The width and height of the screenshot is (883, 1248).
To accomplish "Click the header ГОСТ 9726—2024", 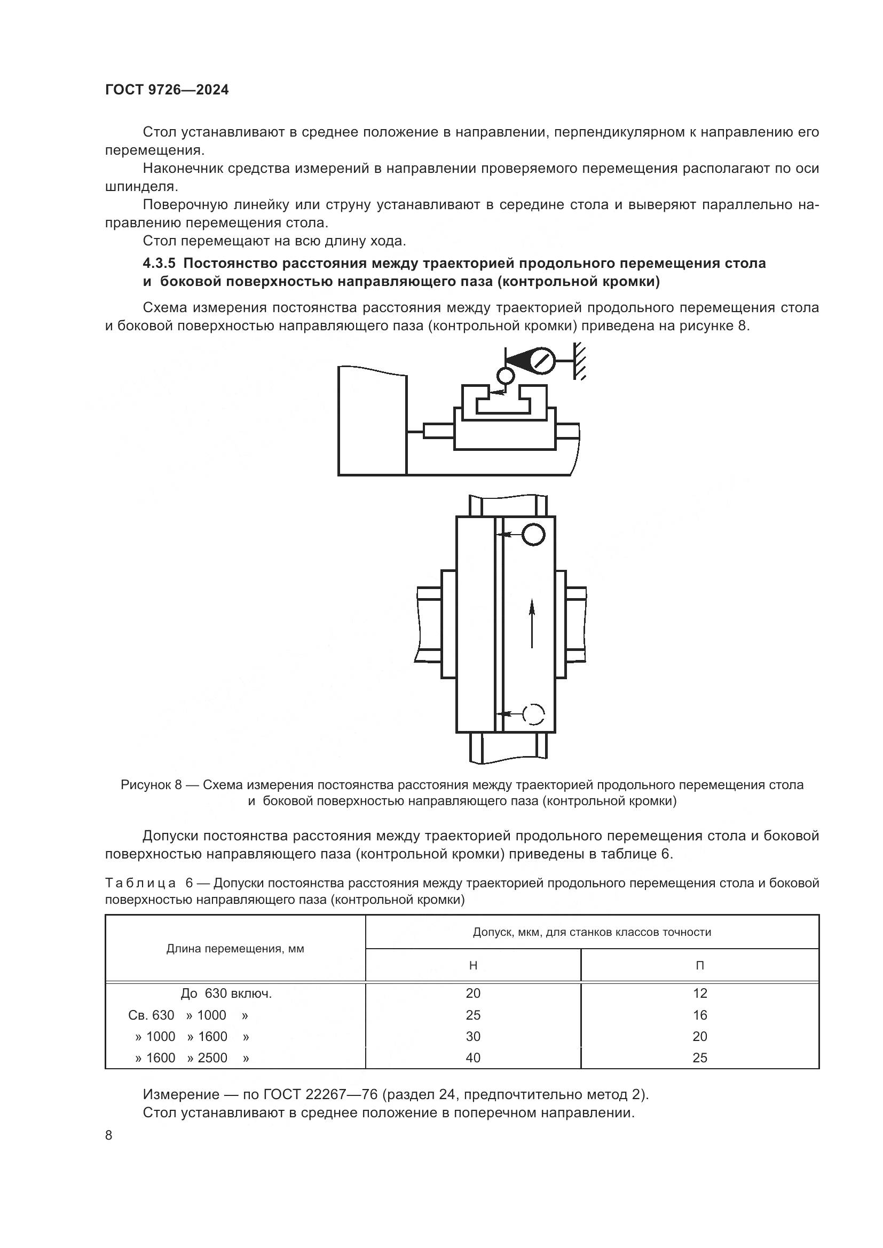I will coord(167,90).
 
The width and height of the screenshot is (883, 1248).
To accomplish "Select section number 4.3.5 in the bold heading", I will coord(159,264).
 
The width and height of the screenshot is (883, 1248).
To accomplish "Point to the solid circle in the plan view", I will coord(533,534).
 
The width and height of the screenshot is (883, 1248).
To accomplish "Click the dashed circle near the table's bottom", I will coord(533,713).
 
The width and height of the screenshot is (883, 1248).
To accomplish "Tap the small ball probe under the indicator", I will coord(505,376).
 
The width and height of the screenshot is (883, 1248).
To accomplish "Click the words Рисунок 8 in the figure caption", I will coord(151,785).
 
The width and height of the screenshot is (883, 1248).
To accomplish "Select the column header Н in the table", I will coord(473,965).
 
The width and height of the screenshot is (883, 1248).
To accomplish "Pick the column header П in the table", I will coord(700,965).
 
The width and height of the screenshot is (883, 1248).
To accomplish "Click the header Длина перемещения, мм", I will coord(235,949).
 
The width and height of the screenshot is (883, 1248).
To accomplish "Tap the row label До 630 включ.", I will coord(226,993).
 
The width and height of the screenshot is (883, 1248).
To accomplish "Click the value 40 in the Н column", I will coord(473,1058).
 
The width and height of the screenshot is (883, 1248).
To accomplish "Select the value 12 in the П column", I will coord(700,993).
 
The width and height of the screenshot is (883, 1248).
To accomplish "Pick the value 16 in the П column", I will coord(700,1015).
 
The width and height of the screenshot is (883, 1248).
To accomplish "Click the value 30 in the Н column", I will coord(473,1037).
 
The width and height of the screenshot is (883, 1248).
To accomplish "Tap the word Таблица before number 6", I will coord(140,883).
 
